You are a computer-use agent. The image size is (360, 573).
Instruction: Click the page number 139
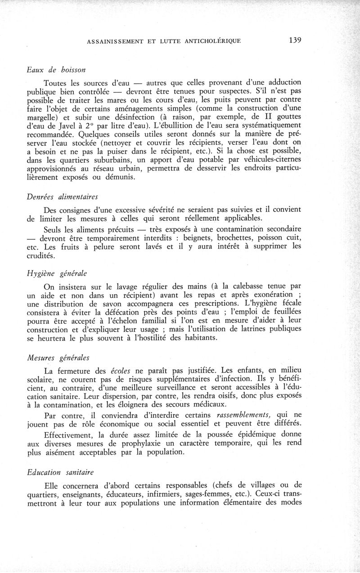coord(295,40)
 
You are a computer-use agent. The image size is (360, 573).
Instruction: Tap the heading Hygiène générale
coord(56,273)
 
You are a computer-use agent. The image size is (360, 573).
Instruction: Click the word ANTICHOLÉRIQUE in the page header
coord(212,40)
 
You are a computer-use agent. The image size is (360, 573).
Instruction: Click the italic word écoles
coord(120,372)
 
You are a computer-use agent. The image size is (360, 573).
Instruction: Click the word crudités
coord(42,256)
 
